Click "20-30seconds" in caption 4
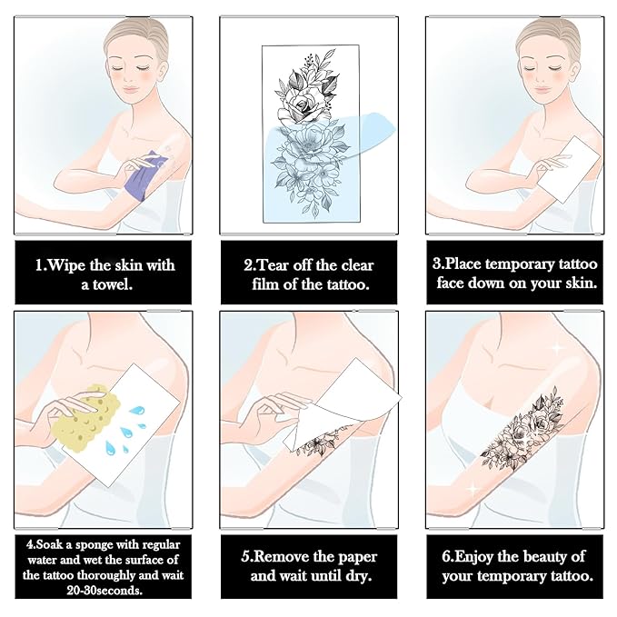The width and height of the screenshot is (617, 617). (x=104, y=591)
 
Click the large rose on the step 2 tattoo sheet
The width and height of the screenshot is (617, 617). (x=300, y=107)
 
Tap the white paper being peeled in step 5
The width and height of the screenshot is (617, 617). (x=343, y=405)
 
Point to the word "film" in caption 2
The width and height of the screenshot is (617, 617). (x=265, y=284)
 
